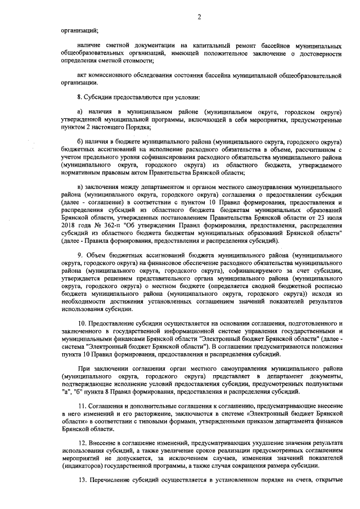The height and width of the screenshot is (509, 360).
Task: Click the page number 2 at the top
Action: (x=199, y=17)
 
